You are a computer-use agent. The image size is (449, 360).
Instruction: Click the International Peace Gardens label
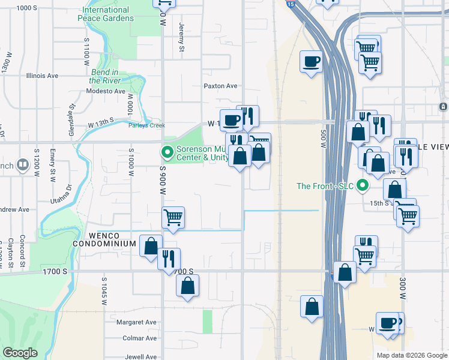[106, 14]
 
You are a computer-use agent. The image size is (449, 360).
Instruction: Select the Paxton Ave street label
[221, 86]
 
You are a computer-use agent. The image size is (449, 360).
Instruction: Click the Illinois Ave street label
[42, 76]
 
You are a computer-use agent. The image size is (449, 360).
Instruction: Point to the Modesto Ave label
[106, 91]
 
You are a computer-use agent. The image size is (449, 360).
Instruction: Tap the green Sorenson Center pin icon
[167, 151]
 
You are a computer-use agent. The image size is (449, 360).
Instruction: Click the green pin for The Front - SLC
[362, 185]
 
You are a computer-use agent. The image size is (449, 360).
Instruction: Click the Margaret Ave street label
[137, 322]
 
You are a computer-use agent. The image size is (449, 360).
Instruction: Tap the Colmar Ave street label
[139, 338]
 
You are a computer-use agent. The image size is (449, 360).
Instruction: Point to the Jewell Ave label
[141, 356]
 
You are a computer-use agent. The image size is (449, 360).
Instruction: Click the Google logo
[20, 353]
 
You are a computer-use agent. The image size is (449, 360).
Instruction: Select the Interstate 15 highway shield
[291, 4]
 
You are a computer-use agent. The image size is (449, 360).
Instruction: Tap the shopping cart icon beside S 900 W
[173, 217]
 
